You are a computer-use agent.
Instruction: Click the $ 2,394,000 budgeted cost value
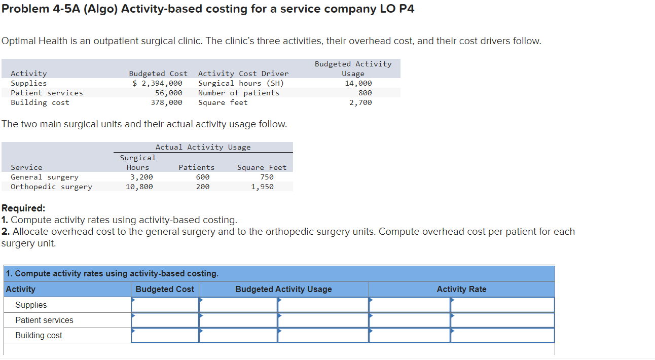click(157, 83)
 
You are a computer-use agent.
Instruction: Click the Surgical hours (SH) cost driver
click(241, 83)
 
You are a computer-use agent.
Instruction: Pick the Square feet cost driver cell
click(223, 102)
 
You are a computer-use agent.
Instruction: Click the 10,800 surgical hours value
click(139, 187)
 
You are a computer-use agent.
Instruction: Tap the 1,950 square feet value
click(262, 187)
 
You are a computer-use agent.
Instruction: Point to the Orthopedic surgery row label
click(51, 187)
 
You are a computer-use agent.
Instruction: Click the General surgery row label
click(45, 177)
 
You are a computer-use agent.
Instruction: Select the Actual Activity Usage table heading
click(203, 147)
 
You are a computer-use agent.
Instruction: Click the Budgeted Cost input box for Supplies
click(165, 305)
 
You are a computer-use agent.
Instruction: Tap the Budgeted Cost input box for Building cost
click(165, 335)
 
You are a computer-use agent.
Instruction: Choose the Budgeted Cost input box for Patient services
click(165, 320)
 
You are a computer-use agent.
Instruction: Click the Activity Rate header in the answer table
click(461, 289)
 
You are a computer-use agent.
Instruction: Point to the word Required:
click(23, 208)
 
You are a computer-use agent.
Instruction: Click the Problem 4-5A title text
click(207, 9)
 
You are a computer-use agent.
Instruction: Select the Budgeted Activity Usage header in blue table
click(283, 289)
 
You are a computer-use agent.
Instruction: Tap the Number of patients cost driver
click(238, 93)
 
